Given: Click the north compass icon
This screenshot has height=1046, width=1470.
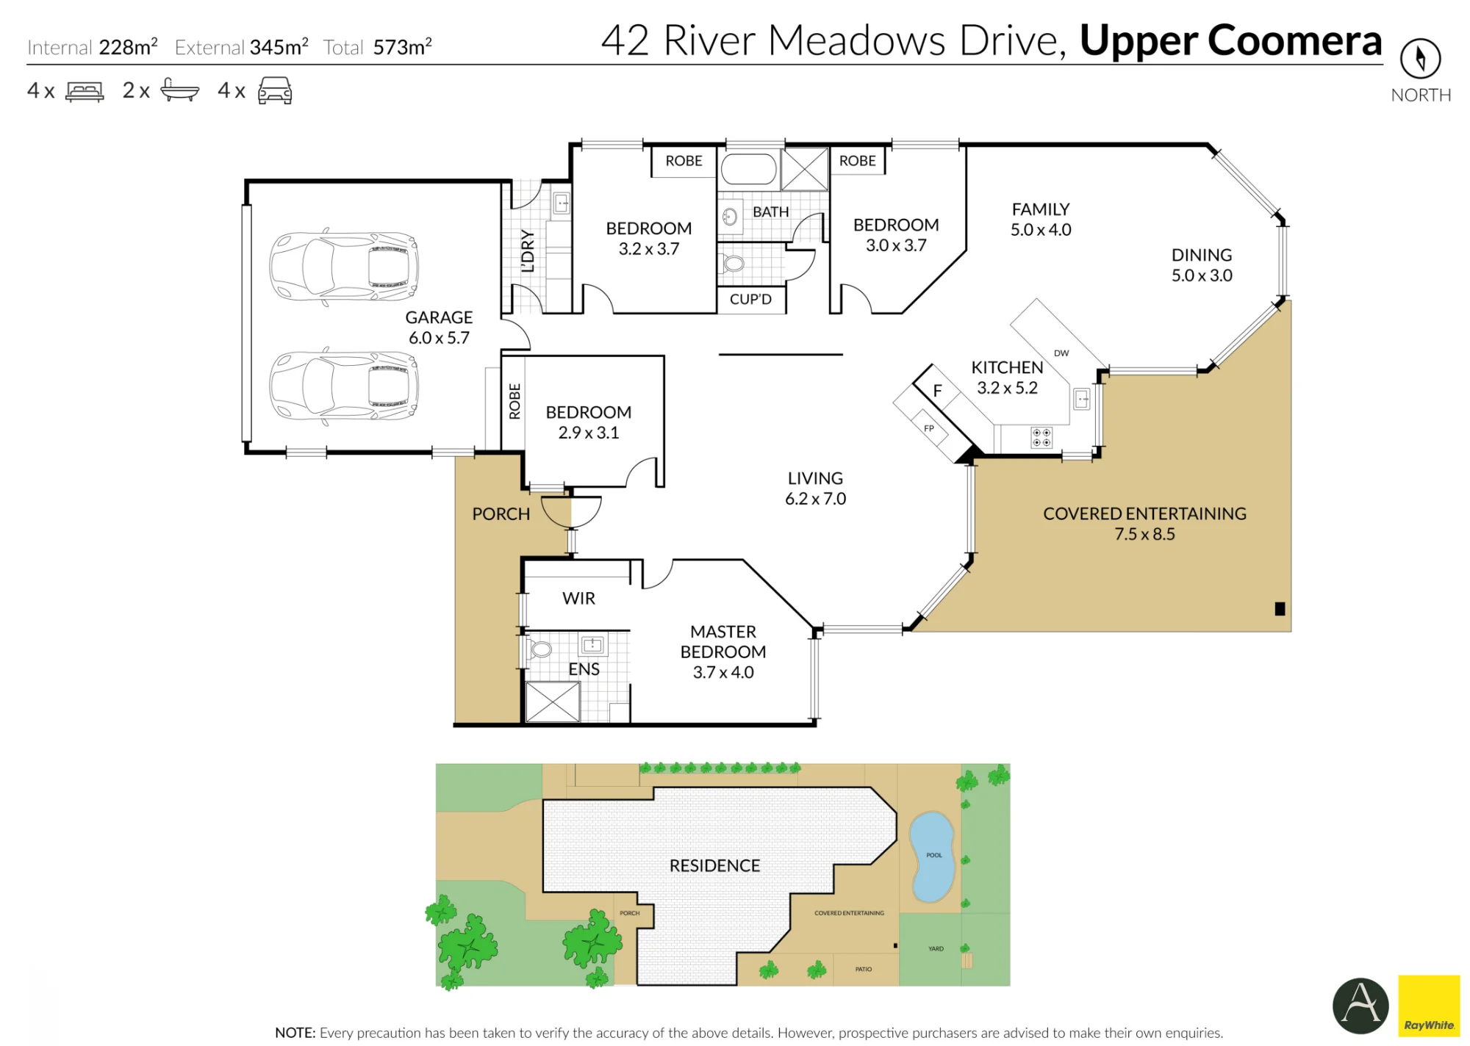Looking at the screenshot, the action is click(1420, 59).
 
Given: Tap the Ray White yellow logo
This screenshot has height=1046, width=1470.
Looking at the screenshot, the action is click(1429, 1006).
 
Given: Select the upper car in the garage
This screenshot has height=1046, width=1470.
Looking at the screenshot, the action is click(344, 266).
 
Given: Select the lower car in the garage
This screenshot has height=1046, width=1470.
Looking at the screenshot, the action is click(344, 386).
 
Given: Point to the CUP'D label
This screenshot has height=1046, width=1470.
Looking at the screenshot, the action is click(750, 299).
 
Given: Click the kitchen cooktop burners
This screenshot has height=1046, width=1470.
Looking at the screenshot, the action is click(1041, 438).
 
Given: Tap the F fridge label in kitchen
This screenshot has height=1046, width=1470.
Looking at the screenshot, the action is click(937, 391).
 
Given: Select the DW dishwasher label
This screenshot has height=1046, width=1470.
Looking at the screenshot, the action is click(1061, 353).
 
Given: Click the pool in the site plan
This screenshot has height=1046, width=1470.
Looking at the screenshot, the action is click(932, 856).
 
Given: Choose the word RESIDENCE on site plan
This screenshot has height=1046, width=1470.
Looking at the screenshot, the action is click(714, 866).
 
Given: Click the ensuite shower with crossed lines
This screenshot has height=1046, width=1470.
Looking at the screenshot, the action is click(553, 702).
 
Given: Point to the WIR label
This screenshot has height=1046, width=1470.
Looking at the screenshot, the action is click(578, 599).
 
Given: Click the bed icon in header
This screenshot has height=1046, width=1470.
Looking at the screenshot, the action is click(85, 91).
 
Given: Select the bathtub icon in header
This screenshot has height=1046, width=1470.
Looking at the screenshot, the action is click(179, 90).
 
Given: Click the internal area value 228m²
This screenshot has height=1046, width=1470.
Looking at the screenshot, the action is click(128, 47).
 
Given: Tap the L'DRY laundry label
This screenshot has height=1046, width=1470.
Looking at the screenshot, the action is click(528, 250).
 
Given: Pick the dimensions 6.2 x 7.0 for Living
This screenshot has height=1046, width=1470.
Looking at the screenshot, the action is click(815, 499).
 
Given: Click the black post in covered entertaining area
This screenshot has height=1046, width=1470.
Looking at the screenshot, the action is click(1280, 609).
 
